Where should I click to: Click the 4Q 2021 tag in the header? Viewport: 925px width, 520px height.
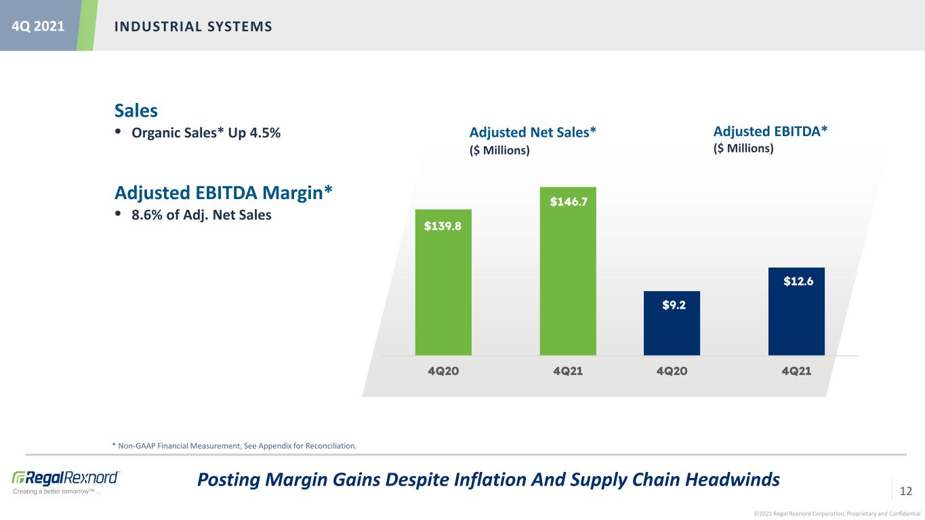[x=38, y=26]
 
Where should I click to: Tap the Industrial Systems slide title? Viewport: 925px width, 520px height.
[x=193, y=26]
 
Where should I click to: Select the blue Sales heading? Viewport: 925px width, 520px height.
[x=136, y=110]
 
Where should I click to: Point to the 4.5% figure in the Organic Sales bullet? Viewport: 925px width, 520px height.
[x=265, y=133]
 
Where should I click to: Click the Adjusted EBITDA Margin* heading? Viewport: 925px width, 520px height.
[x=224, y=193]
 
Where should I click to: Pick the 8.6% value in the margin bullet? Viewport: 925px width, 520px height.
[x=147, y=215]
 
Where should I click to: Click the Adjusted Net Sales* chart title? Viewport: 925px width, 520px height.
[x=533, y=132]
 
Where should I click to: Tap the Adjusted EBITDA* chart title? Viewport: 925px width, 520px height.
[x=770, y=131]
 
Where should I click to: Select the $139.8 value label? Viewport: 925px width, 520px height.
[x=443, y=226]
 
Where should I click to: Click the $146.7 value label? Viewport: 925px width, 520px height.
[x=569, y=202]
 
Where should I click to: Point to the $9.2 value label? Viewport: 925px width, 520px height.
[x=674, y=305]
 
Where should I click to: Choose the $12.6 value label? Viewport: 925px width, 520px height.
[x=798, y=282]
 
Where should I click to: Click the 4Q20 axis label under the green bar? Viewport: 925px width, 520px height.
[x=443, y=371]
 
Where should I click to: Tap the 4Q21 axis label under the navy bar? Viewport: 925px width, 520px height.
[x=796, y=371]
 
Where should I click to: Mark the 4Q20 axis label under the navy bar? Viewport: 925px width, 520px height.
[x=672, y=371]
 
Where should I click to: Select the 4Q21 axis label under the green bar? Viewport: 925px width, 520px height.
[x=568, y=371]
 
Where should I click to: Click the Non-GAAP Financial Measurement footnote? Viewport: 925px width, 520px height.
[x=234, y=446]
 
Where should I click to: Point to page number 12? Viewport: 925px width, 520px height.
[x=906, y=491]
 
